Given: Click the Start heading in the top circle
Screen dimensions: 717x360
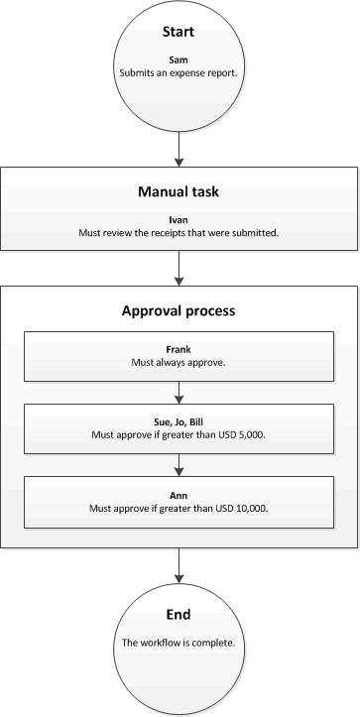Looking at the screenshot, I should tap(179, 34).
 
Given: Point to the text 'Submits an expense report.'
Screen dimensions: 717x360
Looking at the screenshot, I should tap(179, 72).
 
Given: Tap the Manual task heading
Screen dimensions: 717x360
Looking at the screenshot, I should tap(179, 191).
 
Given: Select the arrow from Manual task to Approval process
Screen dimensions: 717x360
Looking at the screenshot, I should tap(179, 267).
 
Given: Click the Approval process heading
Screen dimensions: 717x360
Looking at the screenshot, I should tap(179, 310).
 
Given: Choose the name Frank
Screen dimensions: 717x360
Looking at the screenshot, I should tap(179, 350).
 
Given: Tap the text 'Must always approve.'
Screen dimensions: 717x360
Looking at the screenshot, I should tap(179, 363).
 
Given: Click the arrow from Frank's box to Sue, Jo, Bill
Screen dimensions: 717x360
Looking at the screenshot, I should tap(179, 391).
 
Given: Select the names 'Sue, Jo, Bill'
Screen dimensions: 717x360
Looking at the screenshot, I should tap(179, 419).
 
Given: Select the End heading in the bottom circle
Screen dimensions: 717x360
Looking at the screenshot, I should tap(179, 615).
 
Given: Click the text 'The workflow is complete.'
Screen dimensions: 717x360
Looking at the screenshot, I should tap(179, 643).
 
